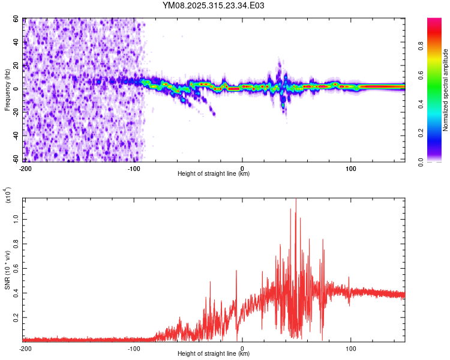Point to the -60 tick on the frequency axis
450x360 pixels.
click(x=16, y=159)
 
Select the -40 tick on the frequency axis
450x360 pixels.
click(x=16, y=136)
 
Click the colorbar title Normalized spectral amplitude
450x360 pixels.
click(x=446, y=90)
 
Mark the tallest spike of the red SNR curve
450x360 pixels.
click(x=295, y=200)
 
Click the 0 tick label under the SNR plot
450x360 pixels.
click(x=242, y=347)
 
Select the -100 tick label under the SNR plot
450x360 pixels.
click(x=133, y=347)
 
